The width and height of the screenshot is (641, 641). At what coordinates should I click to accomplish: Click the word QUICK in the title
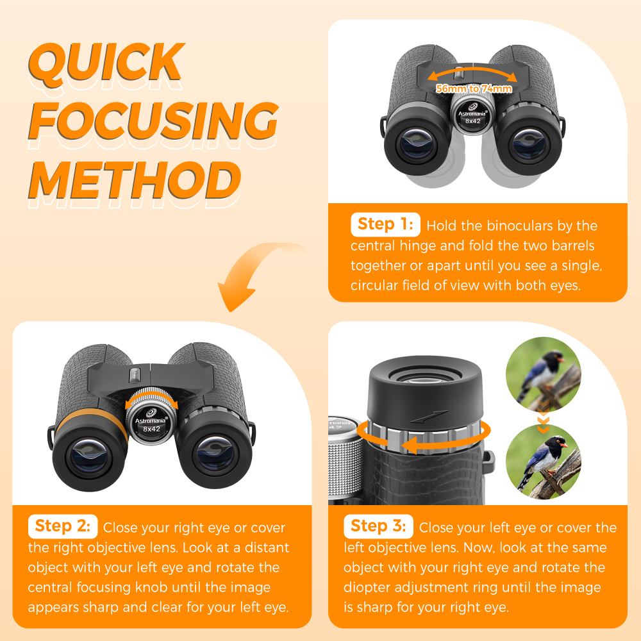pos(106,64)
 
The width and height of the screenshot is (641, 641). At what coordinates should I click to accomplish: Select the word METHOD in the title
pos(135,179)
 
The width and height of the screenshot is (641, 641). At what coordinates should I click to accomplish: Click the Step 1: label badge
pos(385,224)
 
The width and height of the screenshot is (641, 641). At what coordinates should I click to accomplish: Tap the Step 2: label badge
pos(63,526)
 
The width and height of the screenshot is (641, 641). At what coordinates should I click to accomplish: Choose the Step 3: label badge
pos(378,526)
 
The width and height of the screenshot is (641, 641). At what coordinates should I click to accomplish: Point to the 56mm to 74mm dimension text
pos(474,88)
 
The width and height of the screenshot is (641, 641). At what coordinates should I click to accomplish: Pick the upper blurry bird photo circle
pos(543,374)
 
